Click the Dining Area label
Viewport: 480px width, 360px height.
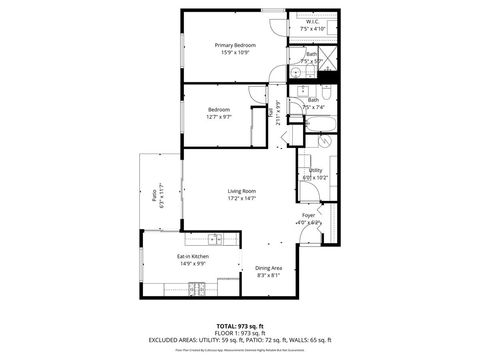point(269,267)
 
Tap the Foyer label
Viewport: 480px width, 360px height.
point(309,215)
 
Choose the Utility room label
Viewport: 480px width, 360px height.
point(315,170)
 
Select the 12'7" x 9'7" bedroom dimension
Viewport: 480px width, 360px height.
point(219,117)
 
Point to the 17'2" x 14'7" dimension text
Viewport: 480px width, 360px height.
point(242,198)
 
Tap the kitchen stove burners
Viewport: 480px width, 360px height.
point(198,290)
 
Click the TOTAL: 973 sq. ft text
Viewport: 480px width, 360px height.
point(240,326)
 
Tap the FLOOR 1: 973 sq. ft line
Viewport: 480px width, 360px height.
point(240,333)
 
